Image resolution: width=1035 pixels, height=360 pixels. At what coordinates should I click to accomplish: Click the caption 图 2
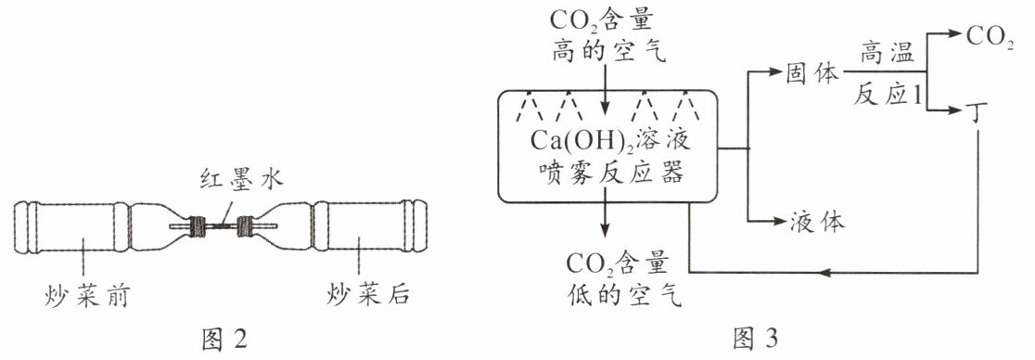pos(224,340)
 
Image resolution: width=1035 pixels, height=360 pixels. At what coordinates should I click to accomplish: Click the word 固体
pos(811,73)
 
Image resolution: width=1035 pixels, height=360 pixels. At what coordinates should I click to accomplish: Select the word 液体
pos(817,223)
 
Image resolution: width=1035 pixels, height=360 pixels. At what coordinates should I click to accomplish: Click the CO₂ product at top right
pos(990,38)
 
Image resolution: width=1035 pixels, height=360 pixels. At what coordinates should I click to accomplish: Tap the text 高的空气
pos(608,51)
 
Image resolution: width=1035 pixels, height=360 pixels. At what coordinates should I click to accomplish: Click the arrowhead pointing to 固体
pos(774,73)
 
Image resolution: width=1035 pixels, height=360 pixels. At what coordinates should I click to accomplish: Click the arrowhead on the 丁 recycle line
pos(825,272)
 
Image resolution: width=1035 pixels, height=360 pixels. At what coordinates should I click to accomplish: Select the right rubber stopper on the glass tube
pos(246,225)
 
